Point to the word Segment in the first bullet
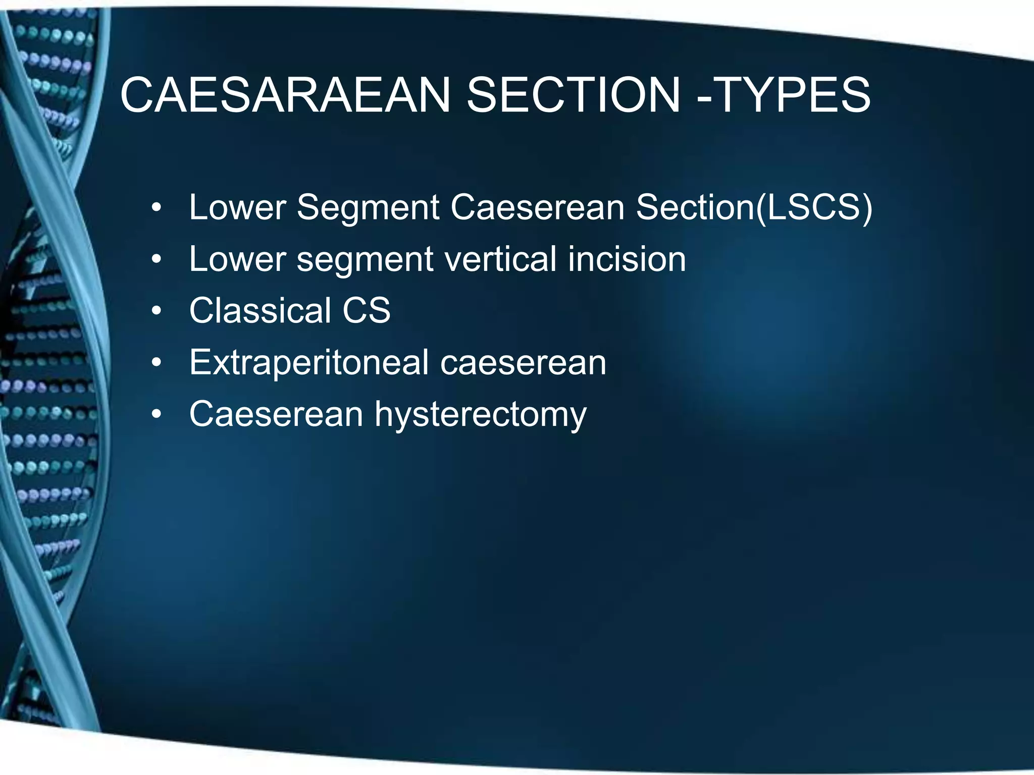pyautogui.click(x=368, y=207)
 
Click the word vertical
pyautogui.click(x=500, y=259)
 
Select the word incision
pyautogui.click(x=627, y=259)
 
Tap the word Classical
pyautogui.click(x=260, y=310)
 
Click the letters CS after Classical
pyautogui.click(x=367, y=310)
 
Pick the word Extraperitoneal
pyautogui.click(x=309, y=362)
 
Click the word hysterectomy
pyautogui.click(x=480, y=415)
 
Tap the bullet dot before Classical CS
pyautogui.click(x=157, y=311)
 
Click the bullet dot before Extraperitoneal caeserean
pyautogui.click(x=157, y=363)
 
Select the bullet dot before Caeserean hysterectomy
pyautogui.click(x=157, y=415)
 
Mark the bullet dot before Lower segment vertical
pyautogui.click(x=157, y=260)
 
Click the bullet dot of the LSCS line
pyautogui.click(x=157, y=208)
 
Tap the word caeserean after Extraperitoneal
pyautogui.click(x=523, y=362)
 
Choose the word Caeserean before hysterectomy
pyautogui.click(x=276, y=414)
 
